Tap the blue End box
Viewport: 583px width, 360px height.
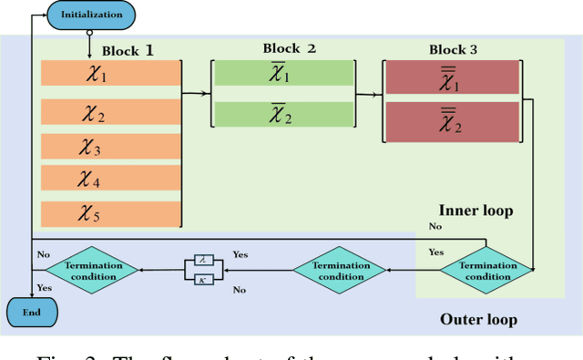(31, 313)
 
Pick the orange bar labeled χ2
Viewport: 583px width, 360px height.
(108, 113)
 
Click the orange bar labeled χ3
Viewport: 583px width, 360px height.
(108, 147)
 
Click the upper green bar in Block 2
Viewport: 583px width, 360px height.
(282, 74)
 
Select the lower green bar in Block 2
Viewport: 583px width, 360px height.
(282, 114)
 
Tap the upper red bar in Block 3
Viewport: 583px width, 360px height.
(451, 78)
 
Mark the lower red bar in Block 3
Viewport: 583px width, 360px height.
(451, 121)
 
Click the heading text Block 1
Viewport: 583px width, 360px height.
(128, 50)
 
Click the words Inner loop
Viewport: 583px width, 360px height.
(476, 211)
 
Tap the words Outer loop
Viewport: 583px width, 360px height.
(478, 320)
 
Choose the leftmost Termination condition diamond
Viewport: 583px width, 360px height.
(91, 269)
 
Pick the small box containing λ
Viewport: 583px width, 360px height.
(205, 260)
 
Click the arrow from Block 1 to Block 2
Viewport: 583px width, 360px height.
(197, 93)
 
